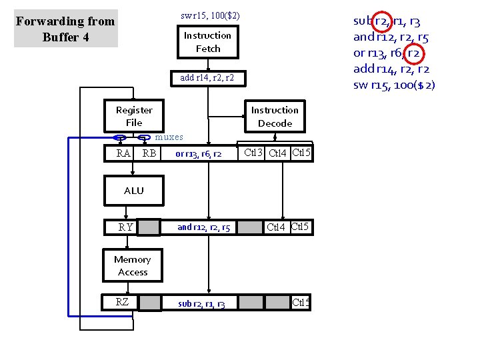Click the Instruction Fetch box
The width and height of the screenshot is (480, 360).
click(207, 42)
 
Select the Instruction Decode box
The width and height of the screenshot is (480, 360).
click(275, 117)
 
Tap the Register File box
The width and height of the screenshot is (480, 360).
click(134, 116)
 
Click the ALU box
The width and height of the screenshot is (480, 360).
click(134, 191)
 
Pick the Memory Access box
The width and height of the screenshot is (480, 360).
click(133, 265)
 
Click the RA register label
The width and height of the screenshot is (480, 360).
click(123, 154)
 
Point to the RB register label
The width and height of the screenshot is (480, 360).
click(149, 154)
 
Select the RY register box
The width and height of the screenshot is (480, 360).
click(125, 227)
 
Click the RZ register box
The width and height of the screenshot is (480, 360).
click(122, 302)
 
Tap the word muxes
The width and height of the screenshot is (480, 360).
click(169, 137)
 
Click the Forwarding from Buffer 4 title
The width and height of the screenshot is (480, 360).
click(65, 29)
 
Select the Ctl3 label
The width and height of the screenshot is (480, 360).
click(253, 153)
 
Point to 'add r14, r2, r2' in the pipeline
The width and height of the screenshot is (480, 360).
click(207, 78)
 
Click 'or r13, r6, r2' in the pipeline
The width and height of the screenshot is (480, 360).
click(199, 154)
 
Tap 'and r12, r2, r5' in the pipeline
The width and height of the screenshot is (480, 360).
click(204, 228)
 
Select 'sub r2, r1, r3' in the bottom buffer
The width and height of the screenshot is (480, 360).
click(202, 304)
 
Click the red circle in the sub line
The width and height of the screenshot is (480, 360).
click(382, 21)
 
